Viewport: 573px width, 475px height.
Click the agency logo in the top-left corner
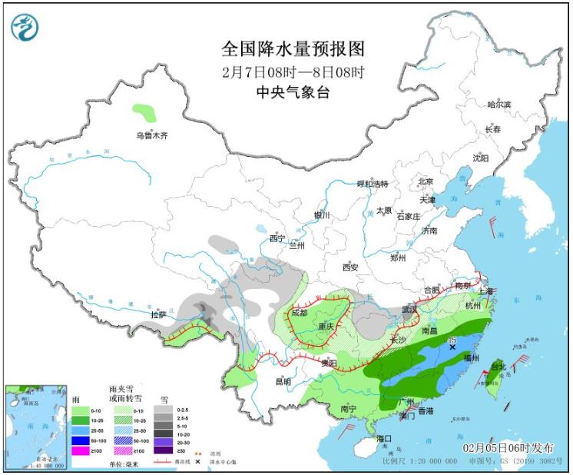pyautogui.click(x=24, y=27)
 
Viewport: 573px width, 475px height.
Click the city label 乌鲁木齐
pyautogui.click(x=151, y=136)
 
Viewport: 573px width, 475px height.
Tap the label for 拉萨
pyautogui.click(x=158, y=314)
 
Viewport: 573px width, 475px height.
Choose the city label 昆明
pyautogui.click(x=283, y=381)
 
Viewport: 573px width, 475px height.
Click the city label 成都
pyautogui.click(x=299, y=313)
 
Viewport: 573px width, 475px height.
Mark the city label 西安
pyautogui.click(x=350, y=267)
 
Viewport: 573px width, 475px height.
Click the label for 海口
pyautogui.click(x=384, y=438)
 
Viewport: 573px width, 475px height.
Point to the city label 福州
pyautogui.click(x=471, y=358)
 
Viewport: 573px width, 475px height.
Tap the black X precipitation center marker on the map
pyautogui.click(x=452, y=347)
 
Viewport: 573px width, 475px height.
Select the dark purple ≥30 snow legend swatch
pyautogui.click(x=164, y=450)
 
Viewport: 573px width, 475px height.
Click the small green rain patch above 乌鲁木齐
pyautogui.click(x=144, y=113)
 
